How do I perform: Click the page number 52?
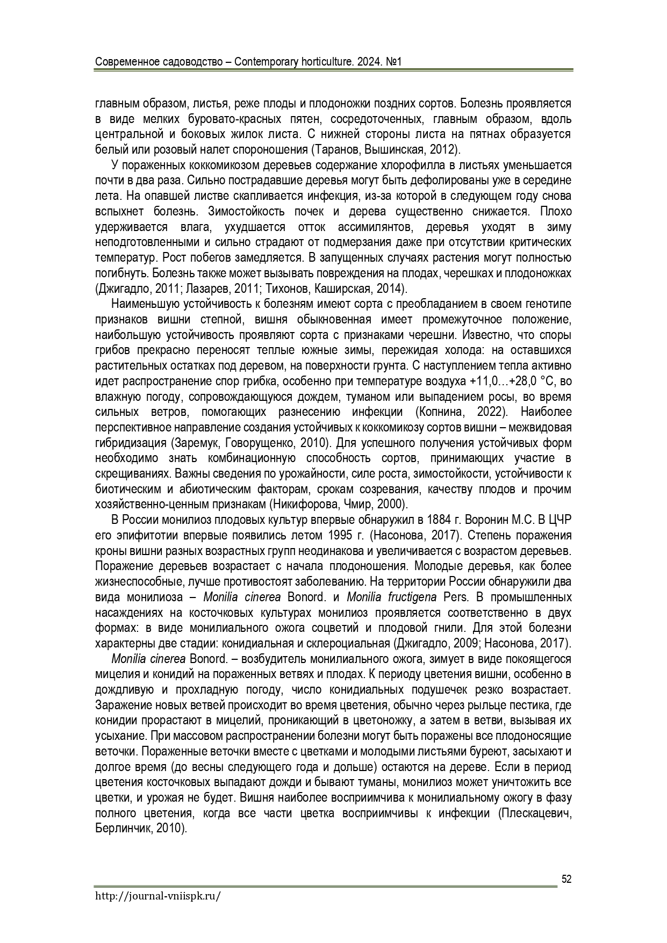[566, 879]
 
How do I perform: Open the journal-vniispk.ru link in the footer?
[158, 896]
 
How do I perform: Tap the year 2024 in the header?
[366, 62]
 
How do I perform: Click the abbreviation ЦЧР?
[558, 520]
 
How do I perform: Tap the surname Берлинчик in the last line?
[123, 829]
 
